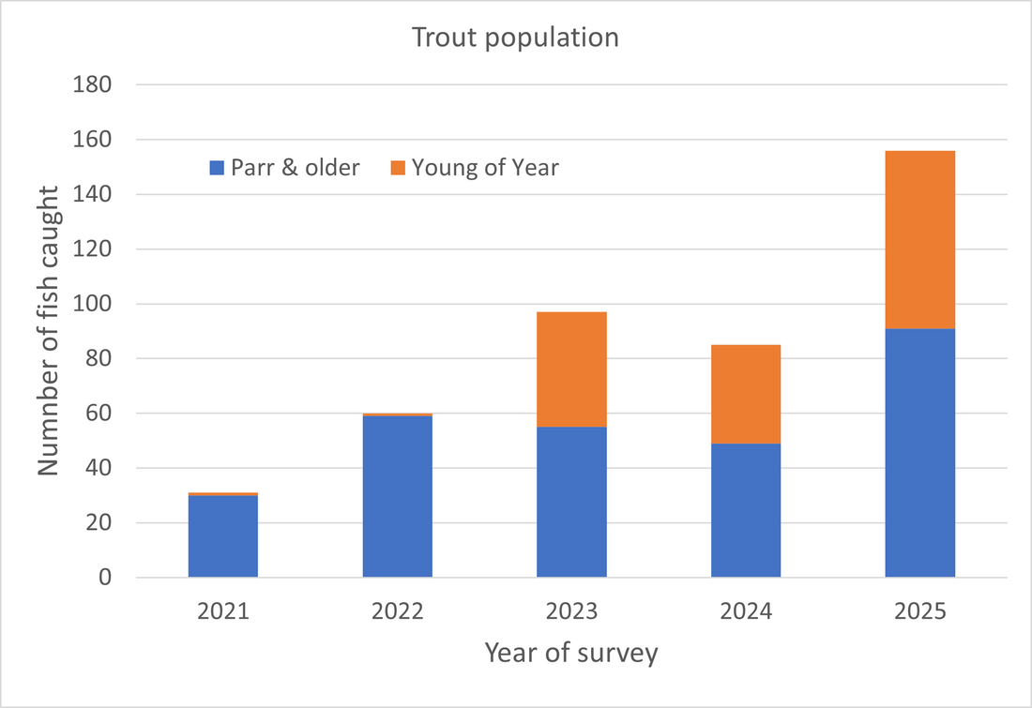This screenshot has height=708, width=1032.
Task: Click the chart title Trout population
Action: coord(515,38)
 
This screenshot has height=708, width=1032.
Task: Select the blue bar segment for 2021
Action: coord(223,535)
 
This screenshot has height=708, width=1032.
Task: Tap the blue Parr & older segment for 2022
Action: coord(397,496)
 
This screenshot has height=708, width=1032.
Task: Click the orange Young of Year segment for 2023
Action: coord(571,369)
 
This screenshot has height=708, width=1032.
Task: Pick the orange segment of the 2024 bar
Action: coord(746,394)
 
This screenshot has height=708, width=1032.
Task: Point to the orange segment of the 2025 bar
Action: coord(919,239)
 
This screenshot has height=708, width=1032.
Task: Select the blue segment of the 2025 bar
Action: coord(919,453)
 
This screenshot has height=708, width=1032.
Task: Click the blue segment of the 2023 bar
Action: coord(571,502)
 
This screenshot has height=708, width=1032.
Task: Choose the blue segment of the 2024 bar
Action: coord(746,510)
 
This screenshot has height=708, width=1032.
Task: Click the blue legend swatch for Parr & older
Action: coord(215,169)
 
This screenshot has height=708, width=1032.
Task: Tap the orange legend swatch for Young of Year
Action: coord(397,169)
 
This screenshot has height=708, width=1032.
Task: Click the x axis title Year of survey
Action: coord(571,653)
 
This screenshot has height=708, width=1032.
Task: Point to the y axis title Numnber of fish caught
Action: coord(49,330)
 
